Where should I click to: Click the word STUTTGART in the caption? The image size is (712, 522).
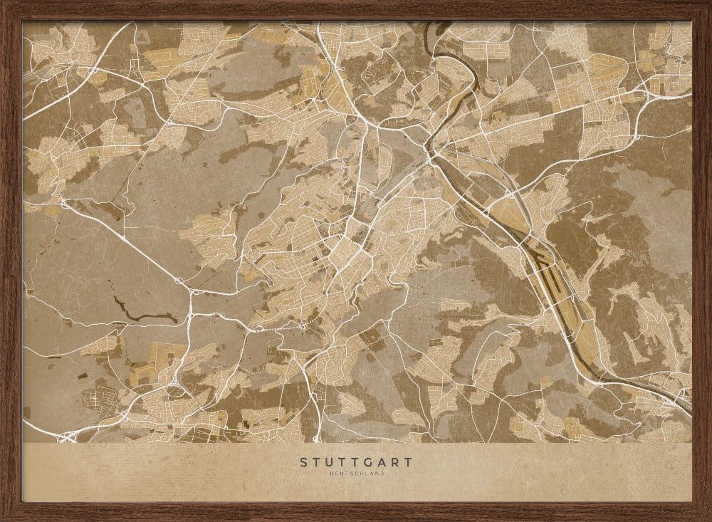[356, 462]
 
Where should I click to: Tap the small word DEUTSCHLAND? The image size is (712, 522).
[356, 474]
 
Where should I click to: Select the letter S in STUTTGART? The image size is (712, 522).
[304, 462]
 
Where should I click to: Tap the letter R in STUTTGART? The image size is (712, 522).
[396, 462]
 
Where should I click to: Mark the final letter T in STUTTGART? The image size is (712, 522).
[409, 462]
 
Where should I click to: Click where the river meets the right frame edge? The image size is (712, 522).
[689, 409]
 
